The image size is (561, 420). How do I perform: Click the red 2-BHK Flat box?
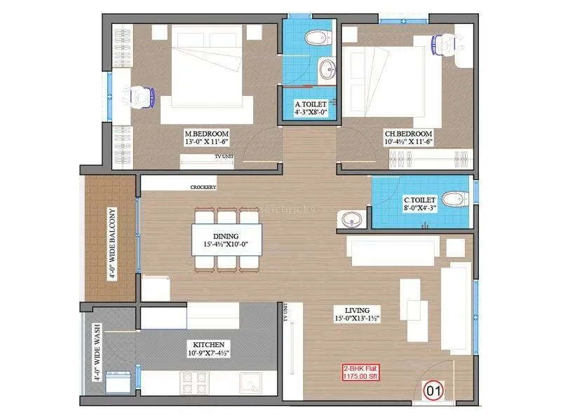pos(360,372)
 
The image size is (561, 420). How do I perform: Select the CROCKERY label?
pos(203,188)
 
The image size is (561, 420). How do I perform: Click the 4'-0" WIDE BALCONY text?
pos(111,244)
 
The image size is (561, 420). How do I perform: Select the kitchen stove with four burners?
pos(194,383)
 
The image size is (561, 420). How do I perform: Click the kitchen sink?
pos(252,383)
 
